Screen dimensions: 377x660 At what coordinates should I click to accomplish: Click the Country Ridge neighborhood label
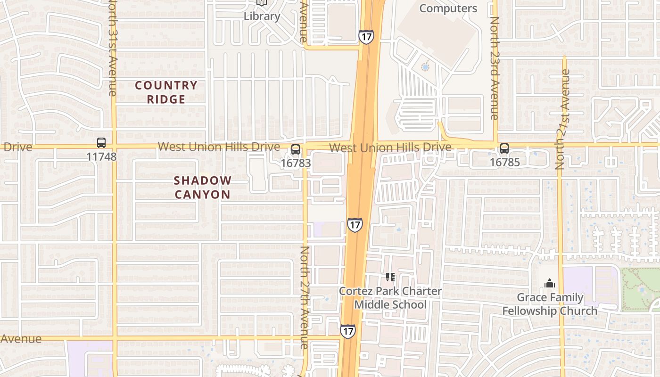tap(166, 92)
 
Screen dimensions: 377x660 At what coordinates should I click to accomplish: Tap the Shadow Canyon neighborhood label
tap(203, 187)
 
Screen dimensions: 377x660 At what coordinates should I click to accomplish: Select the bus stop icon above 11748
tap(101, 143)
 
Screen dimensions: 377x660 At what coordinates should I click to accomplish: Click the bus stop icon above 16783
tap(296, 149)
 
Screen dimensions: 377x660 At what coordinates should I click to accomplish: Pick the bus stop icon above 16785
tap(504, 148)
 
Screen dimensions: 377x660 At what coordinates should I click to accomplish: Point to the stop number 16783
tap(296, 163)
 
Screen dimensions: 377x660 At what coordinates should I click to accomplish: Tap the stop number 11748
tap(101, 156)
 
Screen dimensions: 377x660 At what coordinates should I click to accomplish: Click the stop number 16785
tap(504, 163)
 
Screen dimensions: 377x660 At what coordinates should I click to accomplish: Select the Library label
tap(262, 16)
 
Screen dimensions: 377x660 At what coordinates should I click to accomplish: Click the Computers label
tap(448, 8)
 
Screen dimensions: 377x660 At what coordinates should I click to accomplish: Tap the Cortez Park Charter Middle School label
tap(390, 298)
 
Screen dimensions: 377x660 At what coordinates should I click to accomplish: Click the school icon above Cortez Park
tap(390, 277)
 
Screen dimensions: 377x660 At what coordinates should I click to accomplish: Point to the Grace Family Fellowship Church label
tap(550, 304)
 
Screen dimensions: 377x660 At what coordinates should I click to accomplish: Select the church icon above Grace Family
tap(549, 284)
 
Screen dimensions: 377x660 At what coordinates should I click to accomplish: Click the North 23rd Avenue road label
tap(495, 68)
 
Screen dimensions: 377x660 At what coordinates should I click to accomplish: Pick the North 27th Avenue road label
tap(305, 297)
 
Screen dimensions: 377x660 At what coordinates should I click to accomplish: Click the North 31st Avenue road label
tap(112, 47)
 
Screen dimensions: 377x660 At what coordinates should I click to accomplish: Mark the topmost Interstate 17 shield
tap(366, 37)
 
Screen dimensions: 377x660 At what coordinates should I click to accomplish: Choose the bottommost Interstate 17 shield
tap(348, 331)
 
